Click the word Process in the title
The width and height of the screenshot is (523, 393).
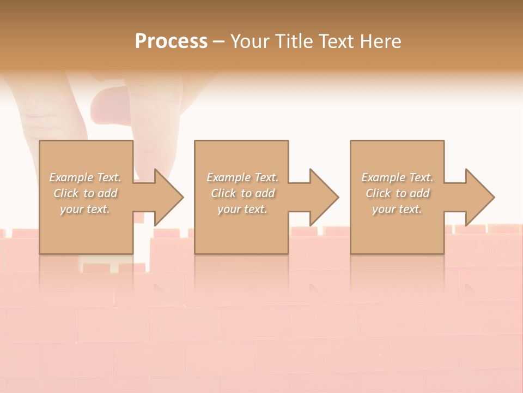(x=171, y=41)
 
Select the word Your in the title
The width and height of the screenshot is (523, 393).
(x=249, y=41)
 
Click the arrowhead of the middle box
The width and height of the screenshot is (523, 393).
(x=324, y=197)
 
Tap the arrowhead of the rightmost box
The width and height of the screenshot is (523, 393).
(x=479, y=197)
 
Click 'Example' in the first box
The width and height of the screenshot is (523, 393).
(x=71, y=177)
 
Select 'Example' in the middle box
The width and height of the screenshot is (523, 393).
(x=228, y=177)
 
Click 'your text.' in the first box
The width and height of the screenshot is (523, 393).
(x=85, y=209)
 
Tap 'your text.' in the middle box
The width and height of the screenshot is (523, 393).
(x=242, y=209)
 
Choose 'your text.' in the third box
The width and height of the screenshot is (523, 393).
(x=397, y=209)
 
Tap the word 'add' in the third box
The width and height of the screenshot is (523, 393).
(x=419, y=193)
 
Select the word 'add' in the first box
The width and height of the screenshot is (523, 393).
(x=107, y=193)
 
